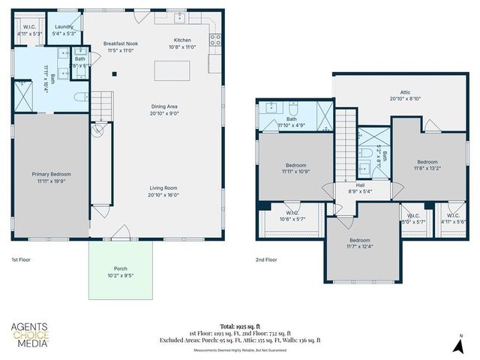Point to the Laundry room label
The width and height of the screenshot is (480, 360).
pos(63,26)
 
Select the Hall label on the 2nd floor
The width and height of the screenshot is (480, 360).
pos(361,184)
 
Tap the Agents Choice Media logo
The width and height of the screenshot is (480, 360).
pos(29,335)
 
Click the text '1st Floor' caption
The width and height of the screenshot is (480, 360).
pos(20,259)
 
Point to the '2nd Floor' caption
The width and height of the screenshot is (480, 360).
pos(266,259)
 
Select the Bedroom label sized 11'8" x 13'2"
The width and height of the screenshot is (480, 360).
pos(427,162)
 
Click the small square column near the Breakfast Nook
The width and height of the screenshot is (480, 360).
pos(114,73)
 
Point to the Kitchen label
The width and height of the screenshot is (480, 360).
pos(183,40)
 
